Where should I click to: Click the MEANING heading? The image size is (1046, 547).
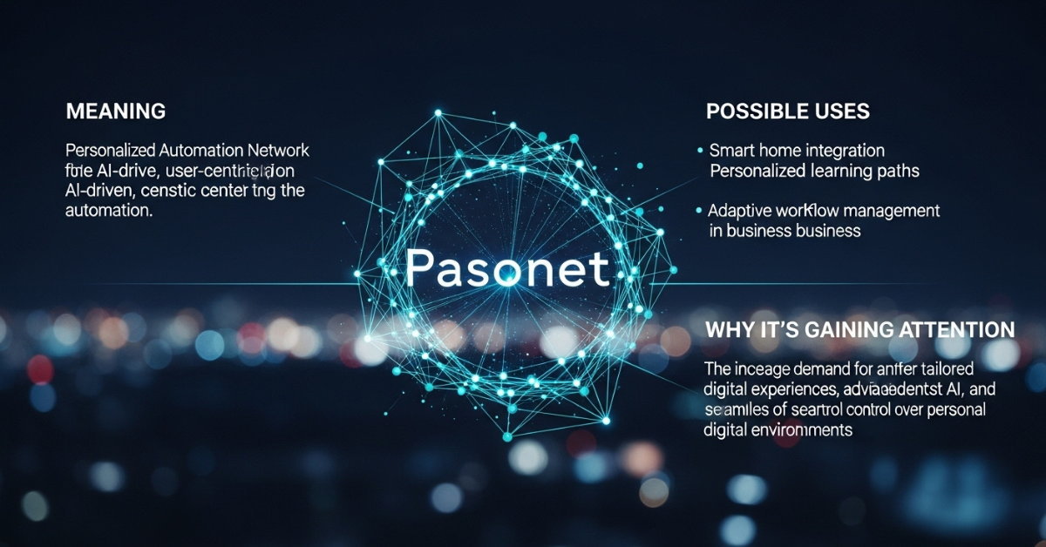point(115,111)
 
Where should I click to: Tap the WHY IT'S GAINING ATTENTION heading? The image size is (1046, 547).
point(859,329)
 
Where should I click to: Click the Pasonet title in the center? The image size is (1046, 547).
point(507,270)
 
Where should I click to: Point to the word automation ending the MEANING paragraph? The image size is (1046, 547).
point(109,210)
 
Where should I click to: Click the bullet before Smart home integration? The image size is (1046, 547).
point(700,151)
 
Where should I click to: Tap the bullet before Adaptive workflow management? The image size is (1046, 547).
point(700,210)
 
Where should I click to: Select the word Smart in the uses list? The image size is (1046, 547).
point(730,151)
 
